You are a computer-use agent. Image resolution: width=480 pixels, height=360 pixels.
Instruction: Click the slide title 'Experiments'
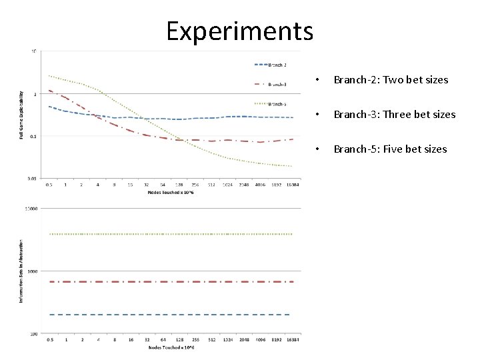pyautogui.click(x=239, y=30)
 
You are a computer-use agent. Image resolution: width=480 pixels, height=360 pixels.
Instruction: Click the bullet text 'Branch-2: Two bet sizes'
pyautogui.click(x=391, y=80)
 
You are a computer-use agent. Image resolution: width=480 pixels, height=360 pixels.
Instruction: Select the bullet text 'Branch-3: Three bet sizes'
pyautogui.click(x=394, y=115)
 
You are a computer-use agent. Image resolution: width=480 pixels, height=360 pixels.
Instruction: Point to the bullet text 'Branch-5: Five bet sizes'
pyautogui.click(x=390, y=149)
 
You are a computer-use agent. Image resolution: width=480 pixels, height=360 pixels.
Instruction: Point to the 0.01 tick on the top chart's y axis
pyautogui.click(x=32, y=179)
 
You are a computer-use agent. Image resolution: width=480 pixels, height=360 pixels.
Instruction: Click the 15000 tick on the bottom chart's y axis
pyautogui.click(x=31, y=209)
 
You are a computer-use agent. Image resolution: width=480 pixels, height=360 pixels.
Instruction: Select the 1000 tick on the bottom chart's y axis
pyautogui.click(x=32, y=271)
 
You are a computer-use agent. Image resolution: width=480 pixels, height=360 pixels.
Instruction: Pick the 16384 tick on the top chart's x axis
pyautogui.click(x=291, y=185)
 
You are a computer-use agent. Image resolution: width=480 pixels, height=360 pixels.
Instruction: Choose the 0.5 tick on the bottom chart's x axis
pyautogui.click(x=49, y=340)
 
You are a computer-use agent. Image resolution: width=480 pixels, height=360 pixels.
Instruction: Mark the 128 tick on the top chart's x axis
pyautogui.click(x=179, y=185)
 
